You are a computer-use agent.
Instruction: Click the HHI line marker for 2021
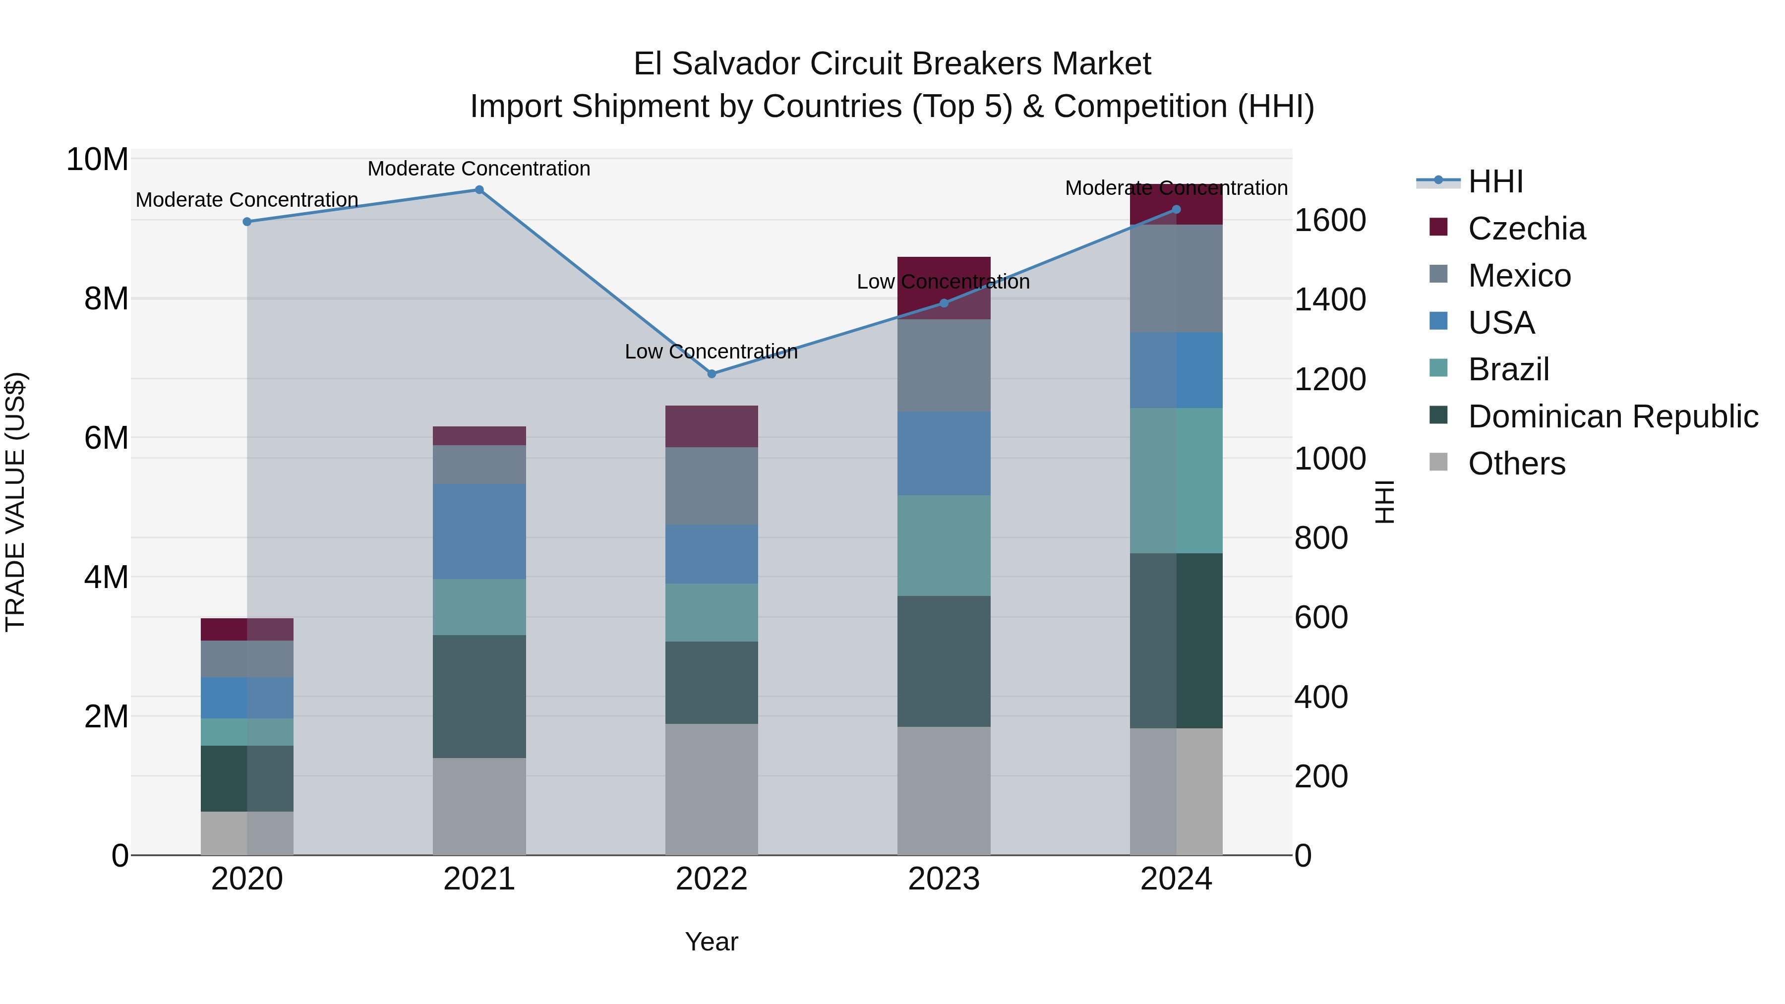pyautogui.click(x=479, y=190)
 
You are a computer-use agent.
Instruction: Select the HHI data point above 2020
pyautogui.click(x=247, y=222)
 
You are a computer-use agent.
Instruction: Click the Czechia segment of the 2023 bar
pyautogui.click(x=944, y=288)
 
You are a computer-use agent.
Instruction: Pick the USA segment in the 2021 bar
pyautogui.click(x=479, y=532)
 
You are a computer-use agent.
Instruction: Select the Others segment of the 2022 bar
pyautogui.click(x=712, y=789)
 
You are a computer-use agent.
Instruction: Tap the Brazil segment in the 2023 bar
pyautogui.click(x=944, y=545)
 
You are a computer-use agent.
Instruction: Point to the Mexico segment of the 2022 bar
pyautogui.click(x=712, y=486)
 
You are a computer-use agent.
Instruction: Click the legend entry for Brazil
pyautogui.click(x=1508, y=369)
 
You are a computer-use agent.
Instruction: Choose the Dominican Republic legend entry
pyautogui.click(x=1612, y=416)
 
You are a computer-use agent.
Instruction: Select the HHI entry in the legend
pyautogui.click(x=1494, y=181)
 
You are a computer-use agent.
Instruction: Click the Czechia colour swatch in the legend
pyautogui.click(x=1438, y=227)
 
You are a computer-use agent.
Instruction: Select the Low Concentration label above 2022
pyautogui.click(x=711, y=352)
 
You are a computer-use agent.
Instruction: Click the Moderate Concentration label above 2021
pyautogui.click(x=479, y=169)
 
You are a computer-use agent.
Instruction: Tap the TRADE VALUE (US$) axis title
pyautogui.click(x=15, y=502)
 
